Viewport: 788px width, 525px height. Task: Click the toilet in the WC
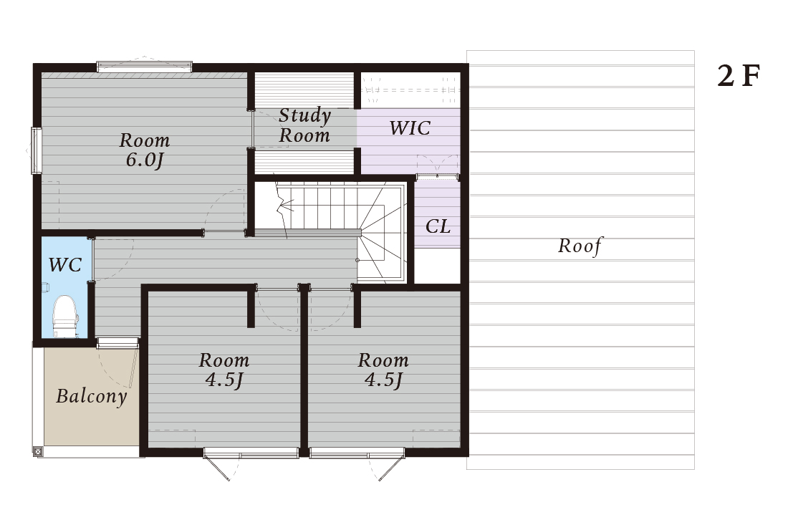point(65,317)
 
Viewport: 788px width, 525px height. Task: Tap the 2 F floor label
point(739,77)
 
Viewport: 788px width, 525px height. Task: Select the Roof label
point(580,246)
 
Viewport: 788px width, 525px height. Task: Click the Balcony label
point(92,396)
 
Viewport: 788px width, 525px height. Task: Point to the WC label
point(64,265)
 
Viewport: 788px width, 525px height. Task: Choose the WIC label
point(410,128)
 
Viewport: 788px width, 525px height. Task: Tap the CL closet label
point(438,226)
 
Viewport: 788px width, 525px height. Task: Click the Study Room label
point(304,125)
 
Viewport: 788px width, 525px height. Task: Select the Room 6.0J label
point(144,150)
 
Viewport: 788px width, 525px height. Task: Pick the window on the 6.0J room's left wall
point(37,150)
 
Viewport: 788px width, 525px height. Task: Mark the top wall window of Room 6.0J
point(144,67)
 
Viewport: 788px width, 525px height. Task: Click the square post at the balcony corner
point(38,452)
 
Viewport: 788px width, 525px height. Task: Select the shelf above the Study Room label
point(304,90)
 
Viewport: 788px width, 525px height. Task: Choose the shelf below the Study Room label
point(304,161)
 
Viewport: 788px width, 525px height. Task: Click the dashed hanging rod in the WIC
point(410,90)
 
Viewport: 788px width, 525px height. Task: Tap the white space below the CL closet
point(437,266)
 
